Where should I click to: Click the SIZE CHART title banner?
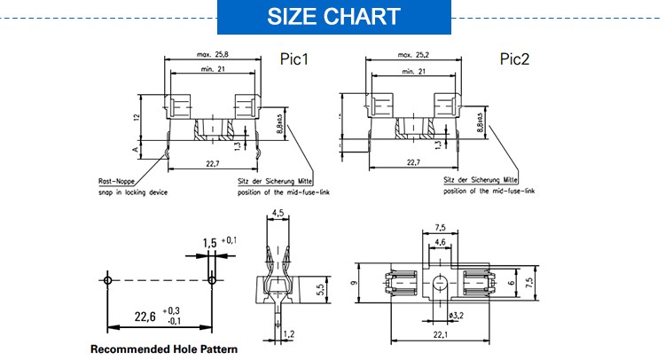332,16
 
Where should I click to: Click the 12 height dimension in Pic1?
137,116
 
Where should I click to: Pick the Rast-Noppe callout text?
116,182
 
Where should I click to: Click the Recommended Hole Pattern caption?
164,348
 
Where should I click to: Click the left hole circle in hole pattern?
107,280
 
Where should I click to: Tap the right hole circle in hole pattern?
211,280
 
